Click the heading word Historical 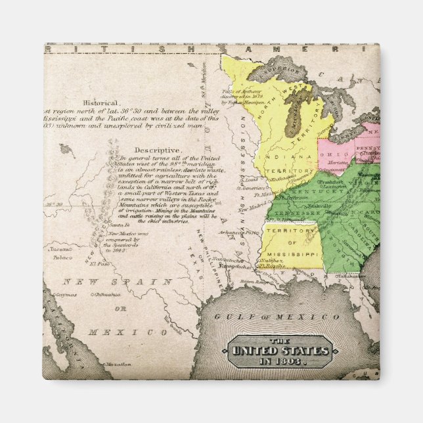pos(101,103)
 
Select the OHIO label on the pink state pos(328,154)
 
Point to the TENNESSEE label pos(293,214)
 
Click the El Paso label pos(99,264)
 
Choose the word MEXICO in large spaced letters pos(132,332)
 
